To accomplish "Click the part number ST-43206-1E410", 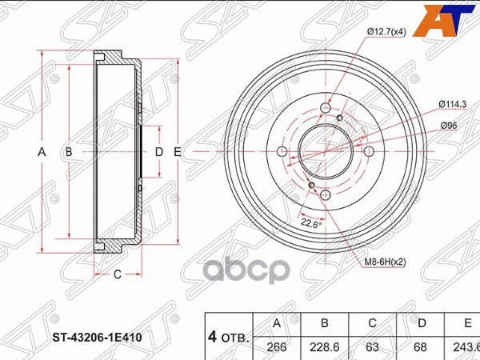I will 95,338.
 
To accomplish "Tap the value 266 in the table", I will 277,347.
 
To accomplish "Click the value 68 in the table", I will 422,347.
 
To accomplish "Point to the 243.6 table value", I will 467,347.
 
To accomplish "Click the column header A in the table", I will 277,324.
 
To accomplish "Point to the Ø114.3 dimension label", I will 454,103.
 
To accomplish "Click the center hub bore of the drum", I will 324,151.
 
